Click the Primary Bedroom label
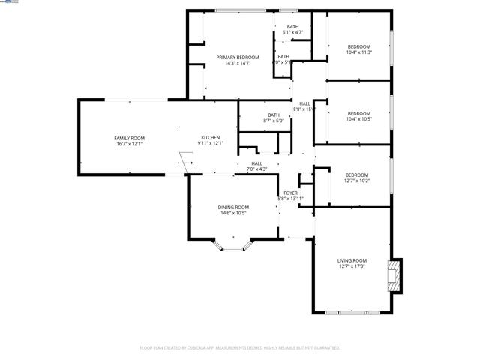(238, 58)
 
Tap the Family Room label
(129, 138)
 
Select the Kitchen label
(210, 138)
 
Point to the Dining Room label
(233, 207)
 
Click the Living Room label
(352, 260)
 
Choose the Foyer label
(290, 193)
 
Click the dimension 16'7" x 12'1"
(129, 144)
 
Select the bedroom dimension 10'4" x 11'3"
(359, 52)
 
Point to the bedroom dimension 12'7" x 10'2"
(356, 181)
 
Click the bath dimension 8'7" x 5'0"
(273, 121)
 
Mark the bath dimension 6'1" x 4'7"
(292, 32)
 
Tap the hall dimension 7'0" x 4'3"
(256, 169)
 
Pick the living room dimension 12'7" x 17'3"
(352, 266)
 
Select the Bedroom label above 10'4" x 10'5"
(359, 114)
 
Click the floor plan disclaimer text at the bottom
(240, 348)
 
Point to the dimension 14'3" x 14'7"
(238, 64)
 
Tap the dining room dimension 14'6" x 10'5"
(233, 213)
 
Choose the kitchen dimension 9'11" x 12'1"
(210, 144)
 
